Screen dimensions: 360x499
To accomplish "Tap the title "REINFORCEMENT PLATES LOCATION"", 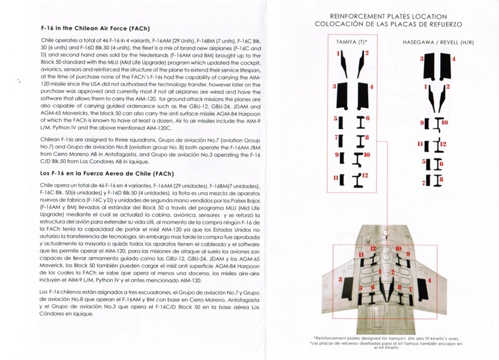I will click(x=377, y=15).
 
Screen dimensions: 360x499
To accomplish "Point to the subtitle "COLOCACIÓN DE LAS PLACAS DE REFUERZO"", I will click(x=377, y=24).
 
